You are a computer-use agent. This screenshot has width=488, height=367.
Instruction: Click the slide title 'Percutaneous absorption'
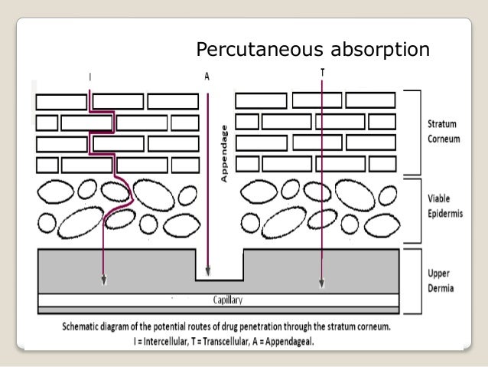coord(312,51)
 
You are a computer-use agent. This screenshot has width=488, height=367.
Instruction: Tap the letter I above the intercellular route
coord(90,77)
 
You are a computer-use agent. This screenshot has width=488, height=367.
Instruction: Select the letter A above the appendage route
coord(207,77)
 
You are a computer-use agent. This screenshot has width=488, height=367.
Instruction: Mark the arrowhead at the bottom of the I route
coord(103,282)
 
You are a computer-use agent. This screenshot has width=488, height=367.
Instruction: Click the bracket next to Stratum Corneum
coord(416,130)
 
